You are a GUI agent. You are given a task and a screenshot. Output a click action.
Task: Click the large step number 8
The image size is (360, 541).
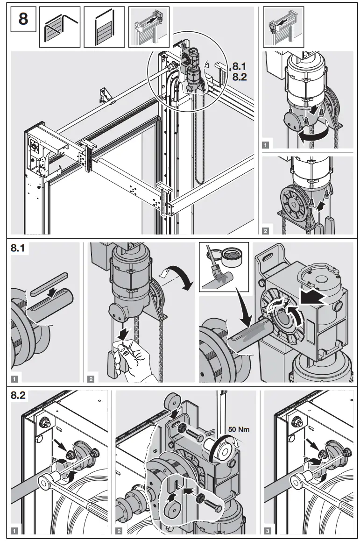click(22, 20)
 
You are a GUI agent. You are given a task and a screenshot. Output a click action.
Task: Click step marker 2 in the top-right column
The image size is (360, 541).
click(266, 230)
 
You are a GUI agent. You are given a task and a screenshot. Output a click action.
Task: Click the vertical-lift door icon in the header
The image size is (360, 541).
click(104, 27)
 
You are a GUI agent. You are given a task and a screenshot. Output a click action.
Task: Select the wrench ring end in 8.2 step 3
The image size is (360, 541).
click(299, 480)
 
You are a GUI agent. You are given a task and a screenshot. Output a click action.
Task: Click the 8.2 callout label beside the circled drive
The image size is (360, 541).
click(239, 78)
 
